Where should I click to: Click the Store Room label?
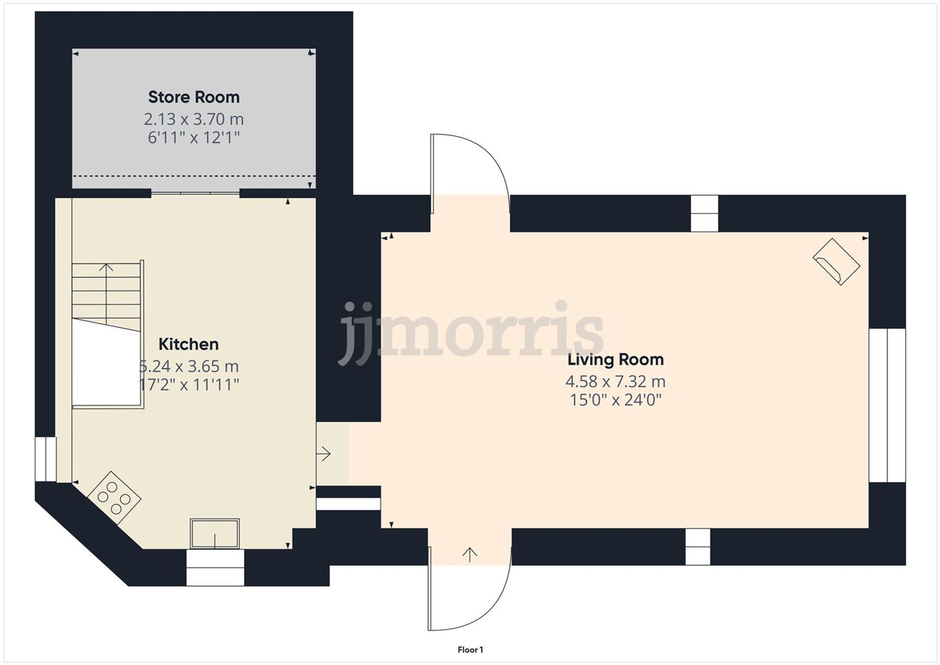click(194, 97)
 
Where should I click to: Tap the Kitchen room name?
click(188, 344)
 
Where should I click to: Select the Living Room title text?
click(615, 360)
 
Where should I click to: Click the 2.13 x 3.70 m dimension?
click(194, 119)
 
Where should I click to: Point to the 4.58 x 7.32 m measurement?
click(615, 381)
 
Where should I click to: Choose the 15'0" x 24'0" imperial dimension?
click(615, 400)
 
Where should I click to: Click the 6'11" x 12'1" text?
click(194, 138)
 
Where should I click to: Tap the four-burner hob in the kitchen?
click(114, 497)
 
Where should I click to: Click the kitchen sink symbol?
click(215, 533)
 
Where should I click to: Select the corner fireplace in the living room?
click(836, 262)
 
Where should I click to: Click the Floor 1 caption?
click(470, 650)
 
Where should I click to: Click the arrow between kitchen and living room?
click(324, 454)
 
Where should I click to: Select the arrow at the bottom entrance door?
click(470, 555)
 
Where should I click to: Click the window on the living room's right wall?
click(887, 405)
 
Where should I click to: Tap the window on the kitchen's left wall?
click(46, 459)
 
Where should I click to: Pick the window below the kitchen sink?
click(215, 568)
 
